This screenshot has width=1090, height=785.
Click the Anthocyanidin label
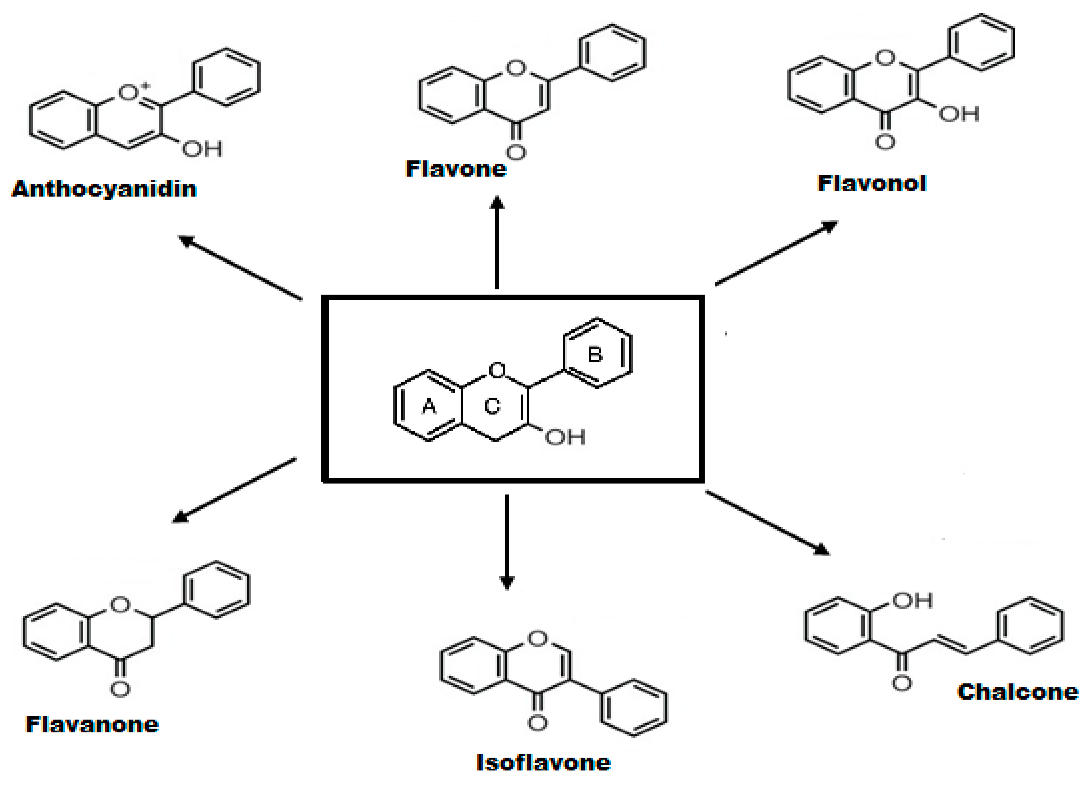tap(104, 189)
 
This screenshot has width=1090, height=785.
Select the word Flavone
tap(456, 169)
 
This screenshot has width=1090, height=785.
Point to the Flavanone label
tap(92, 724)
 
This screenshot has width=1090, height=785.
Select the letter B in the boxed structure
tap(595, 355)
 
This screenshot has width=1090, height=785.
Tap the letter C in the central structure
tap(492, 407)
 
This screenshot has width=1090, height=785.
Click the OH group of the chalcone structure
tap(912, 600)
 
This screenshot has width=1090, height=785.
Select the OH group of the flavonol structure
tap(959, 114)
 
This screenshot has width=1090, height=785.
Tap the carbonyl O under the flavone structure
tap(516, 152)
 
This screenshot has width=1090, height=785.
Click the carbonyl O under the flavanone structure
tap(120, 689)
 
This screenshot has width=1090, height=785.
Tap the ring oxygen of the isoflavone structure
tap(537, 639)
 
